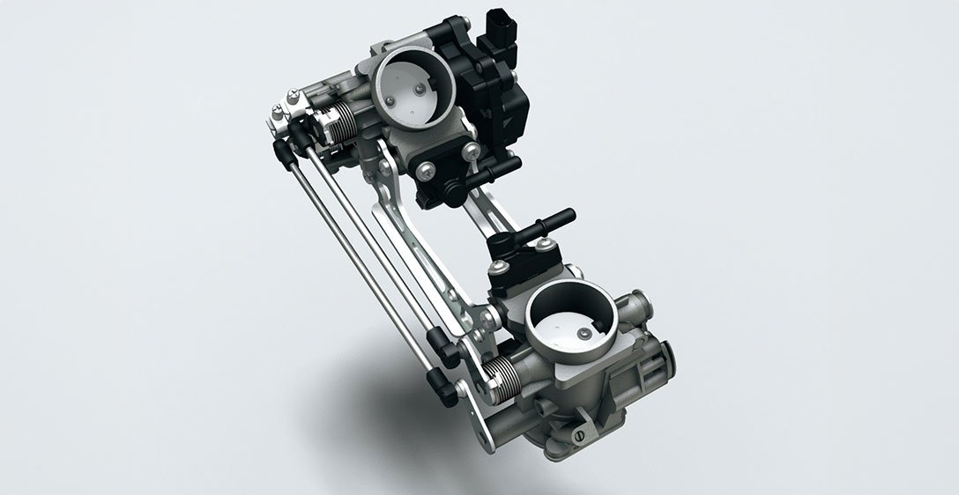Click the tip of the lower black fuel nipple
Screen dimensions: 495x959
(565, 215)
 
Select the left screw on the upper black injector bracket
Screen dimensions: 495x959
(427, 167)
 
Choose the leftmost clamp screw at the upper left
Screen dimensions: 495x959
(277, 111)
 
